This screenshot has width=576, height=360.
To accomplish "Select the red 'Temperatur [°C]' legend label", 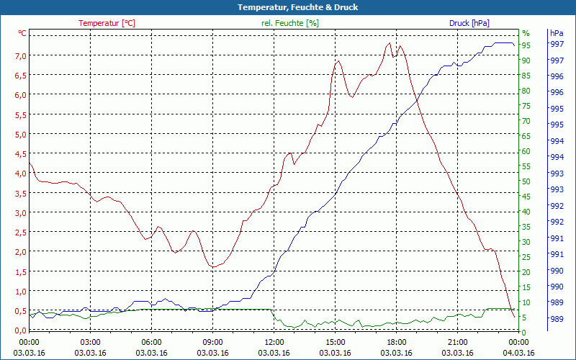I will coord(107,23).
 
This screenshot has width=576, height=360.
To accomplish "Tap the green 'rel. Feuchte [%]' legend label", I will coord(289,23).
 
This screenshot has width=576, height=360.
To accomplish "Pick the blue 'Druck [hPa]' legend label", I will coord(469,23).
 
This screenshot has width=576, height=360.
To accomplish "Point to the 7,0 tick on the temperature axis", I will coord(21,55).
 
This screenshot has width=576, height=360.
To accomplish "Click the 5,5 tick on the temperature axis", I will coord(21,114).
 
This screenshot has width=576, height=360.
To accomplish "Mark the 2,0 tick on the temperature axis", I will coord(21,252).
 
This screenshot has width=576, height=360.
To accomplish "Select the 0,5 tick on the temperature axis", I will coord(21,311).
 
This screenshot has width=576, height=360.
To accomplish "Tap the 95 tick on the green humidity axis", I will coord(526,45).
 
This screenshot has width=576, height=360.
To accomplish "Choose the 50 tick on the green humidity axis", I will coord(526,181).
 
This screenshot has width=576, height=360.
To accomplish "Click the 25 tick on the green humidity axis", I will coord(526,257).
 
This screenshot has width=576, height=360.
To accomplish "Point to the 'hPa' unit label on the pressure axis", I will coord(557,33).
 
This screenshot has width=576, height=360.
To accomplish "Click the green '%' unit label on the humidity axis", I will coord(526,33).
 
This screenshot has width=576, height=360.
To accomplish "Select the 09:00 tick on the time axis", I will coord(212,342).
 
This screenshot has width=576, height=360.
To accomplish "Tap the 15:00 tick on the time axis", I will coord(335,342).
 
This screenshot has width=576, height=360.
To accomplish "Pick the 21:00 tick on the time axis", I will coord(457,342).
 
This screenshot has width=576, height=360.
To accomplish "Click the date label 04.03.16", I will coord(518,353).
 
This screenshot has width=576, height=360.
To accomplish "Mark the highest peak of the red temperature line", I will coord(390,42).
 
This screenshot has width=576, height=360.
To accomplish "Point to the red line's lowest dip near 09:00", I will coord(212,267).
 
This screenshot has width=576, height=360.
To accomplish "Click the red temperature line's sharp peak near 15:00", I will coord(337,61).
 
